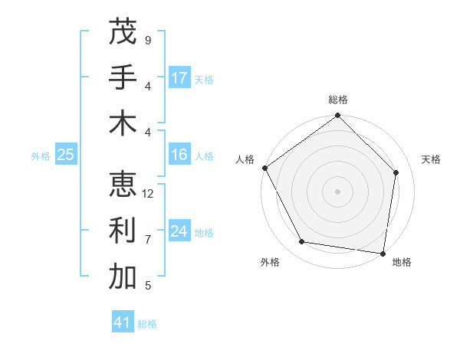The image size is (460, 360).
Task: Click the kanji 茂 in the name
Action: [123, 31]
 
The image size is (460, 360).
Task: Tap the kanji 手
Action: [123, 78]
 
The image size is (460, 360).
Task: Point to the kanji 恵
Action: [123, 184]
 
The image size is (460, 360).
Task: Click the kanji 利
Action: [123, 231]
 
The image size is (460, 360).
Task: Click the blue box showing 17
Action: [179, 78]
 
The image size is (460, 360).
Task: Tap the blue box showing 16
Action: [179, 155]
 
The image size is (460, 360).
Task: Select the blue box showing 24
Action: [179, 231]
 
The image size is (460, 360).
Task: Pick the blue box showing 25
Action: [66, 155]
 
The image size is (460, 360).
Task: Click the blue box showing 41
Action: [123, 323]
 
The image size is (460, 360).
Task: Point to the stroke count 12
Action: [149, 194]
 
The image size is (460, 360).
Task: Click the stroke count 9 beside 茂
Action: [148, 40]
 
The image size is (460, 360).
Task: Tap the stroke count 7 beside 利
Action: [148, 240]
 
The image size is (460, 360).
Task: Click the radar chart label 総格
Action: [338, 100]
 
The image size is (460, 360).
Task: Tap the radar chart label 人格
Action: [245, 159]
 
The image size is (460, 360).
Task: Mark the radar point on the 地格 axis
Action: [383, 253]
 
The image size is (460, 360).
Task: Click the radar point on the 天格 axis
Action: [396, 172]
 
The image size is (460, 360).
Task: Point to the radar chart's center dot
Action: [338, 191]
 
